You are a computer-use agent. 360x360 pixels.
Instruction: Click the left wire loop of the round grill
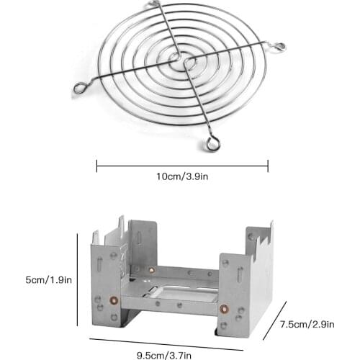78,89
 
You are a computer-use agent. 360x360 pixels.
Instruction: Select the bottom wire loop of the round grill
212,145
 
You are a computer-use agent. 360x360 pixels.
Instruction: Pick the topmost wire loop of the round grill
160,6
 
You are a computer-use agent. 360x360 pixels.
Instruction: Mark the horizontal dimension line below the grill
182,166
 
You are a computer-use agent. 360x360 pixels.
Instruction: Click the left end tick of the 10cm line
96,166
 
